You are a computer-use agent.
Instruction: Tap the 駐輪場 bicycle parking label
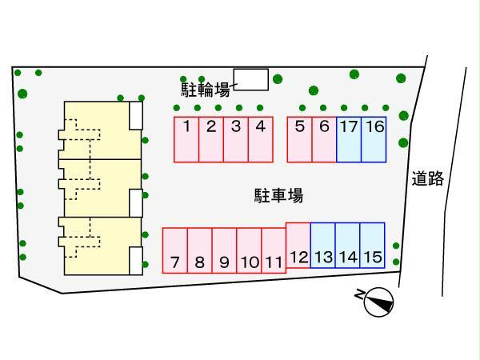pyautogui.click(x=205, y=89)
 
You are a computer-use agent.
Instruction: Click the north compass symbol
pyautogui.click(x=378, y=302)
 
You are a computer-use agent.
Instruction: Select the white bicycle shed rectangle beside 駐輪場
pyautogui.click(x=250, y=79)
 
